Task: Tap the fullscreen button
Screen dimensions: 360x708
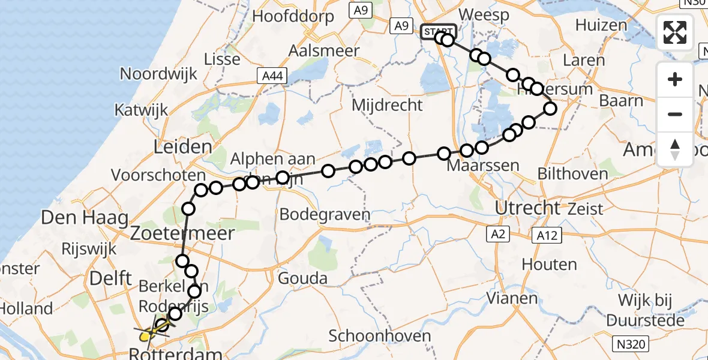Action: [675, 32]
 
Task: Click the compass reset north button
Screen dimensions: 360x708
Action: [675, 149]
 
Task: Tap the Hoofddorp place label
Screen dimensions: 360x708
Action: [293, 16]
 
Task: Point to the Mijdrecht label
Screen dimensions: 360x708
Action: [387, 105]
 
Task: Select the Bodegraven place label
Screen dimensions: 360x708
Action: [325, 214]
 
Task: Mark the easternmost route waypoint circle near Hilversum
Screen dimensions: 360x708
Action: [550, 109]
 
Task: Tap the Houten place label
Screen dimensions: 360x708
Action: [549, 264]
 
